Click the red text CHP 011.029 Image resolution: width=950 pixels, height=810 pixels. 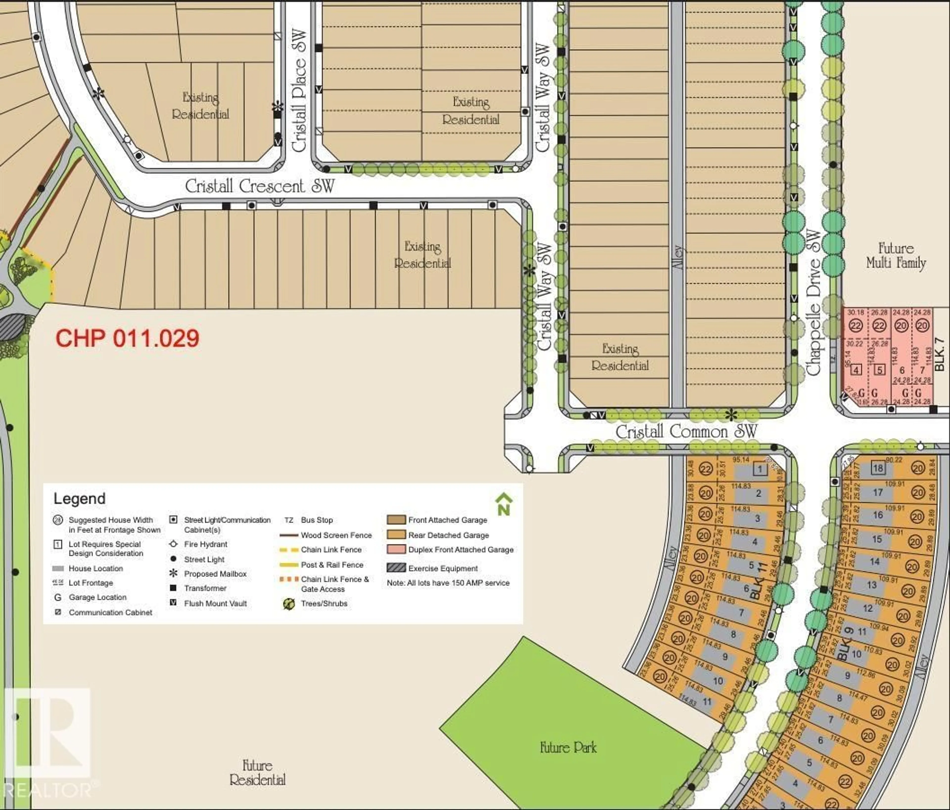[x=127, y=339]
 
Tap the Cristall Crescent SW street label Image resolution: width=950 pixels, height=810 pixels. [x=260, y=186]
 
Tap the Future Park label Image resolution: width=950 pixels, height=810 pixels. [x=568, y=748]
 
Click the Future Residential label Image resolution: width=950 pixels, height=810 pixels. [x=257, y=772]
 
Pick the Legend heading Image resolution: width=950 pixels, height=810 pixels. [x=79, y=499]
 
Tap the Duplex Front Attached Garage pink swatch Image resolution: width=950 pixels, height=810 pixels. [x=396, y=549]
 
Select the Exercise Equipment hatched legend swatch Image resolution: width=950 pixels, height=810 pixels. [x=396, y=568]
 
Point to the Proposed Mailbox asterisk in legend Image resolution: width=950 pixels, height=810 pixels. [x=173, y=573]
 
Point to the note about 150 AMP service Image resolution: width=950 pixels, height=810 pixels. [x=448, y=583]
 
